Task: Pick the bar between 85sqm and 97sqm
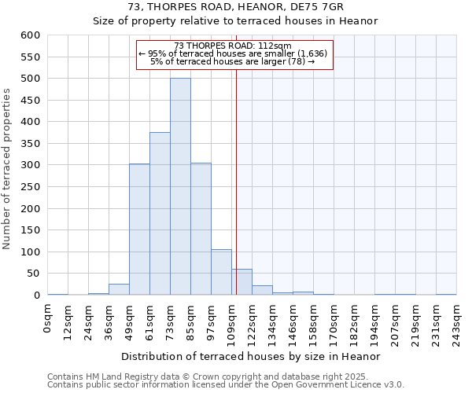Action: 201,229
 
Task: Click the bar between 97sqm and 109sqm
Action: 221,272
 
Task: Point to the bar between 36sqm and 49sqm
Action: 119,289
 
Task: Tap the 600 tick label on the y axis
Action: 31,35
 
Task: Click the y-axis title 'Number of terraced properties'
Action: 8,169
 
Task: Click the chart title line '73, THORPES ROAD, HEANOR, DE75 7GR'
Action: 235,7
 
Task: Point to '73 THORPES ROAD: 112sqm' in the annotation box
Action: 233,46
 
